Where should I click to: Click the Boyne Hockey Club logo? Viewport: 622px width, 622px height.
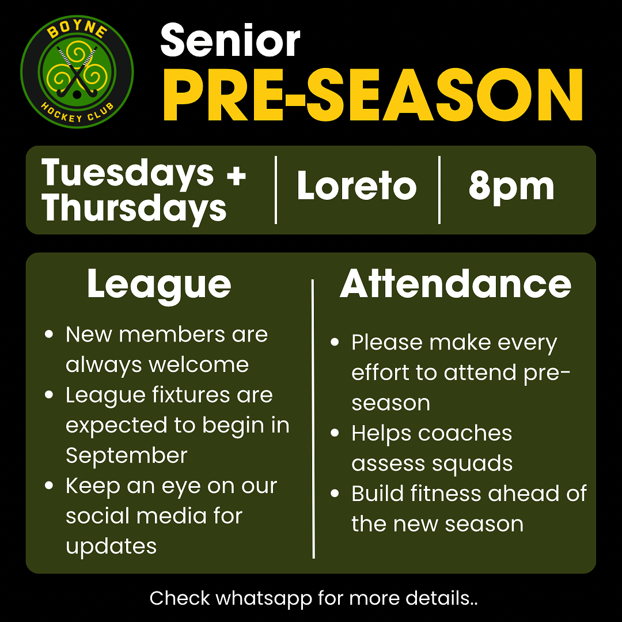pyautogui.click(x=77, y=72)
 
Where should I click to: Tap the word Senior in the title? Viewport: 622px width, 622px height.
pyautogui.click(x=230, y=40)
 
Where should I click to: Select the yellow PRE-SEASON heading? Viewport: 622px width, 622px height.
pyautogui.click(x=373, y=94)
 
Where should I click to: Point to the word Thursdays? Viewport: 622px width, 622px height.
pyautogui.click(x=134, y=208)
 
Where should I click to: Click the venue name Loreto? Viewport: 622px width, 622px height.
pyautogui.click(x=356, y=185)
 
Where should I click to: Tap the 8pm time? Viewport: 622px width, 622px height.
pyautogui.click(x=511, y=188)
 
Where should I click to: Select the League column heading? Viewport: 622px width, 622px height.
pyautogui.click(x=159, y=285)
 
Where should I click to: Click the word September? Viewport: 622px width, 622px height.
pyautogui.click(x=127, y=456)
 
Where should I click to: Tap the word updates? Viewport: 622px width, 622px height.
pyautogui.click(x=111, y=547)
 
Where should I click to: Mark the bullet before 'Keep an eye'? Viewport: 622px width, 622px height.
pyautogui.click(x=49, y=485)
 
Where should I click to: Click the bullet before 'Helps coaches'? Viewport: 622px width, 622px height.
pyautogui.click(x=335, y=433)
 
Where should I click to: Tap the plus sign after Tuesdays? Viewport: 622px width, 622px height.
pyautogui.click(x=237, y=175)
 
